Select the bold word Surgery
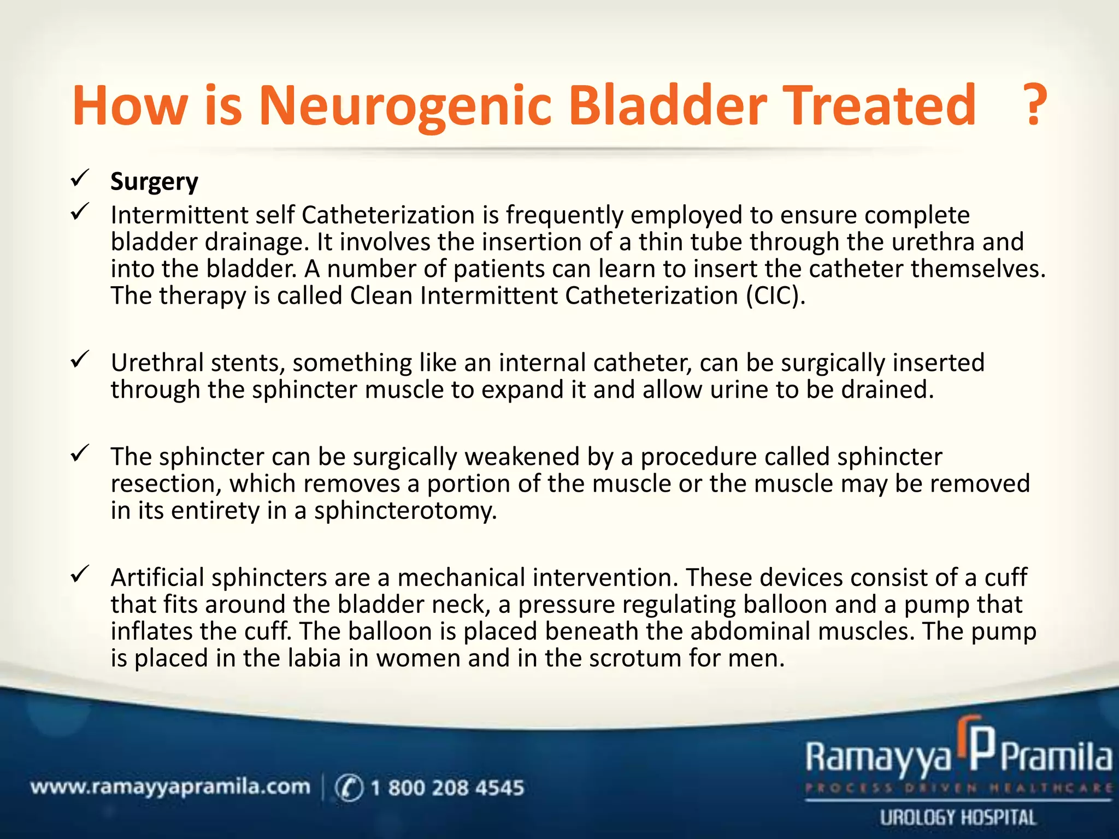click(x=154, y=181)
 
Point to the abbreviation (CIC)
click(x=776, y=296)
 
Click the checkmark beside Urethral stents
click(x=80, y=359)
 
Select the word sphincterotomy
click(x=405, y=511)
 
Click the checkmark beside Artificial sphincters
click(x=80, y=574)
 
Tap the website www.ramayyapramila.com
click(x=170, y=787)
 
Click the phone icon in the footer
click(x=349, y=788)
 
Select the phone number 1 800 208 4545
click(x=447, y=788)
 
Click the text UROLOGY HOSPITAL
click(x=958, y=818)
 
